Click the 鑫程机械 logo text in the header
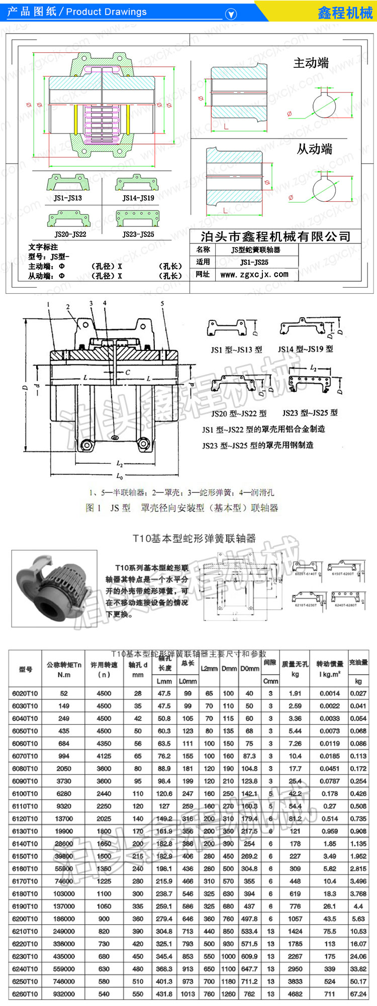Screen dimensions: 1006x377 coord(345,13)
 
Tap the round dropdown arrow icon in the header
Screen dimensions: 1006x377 coord(231,14)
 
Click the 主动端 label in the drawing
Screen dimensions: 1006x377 coord(311,63)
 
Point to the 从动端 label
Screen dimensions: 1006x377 coord(314,149)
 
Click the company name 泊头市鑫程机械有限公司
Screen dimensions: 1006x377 coord(275,236)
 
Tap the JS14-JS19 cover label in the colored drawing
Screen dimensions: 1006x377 coord(138,198)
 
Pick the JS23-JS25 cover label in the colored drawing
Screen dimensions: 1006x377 coord(138,234)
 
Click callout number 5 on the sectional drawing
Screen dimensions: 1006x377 coord(162,304)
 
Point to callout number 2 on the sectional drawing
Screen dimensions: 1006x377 coord(68,307)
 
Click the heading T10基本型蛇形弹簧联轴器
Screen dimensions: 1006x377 coord(194,538)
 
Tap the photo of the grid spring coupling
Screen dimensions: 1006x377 coord(54,588)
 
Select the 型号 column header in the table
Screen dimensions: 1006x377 coord(26,669)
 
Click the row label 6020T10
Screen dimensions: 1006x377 coord(25,693)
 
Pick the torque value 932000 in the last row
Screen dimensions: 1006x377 coord(64,994)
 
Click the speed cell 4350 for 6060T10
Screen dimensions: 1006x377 coord(104,743)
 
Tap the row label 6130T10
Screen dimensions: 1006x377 coord(25,831)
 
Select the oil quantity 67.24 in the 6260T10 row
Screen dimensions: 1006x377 coord(358,994)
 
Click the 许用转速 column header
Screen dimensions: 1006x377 coord(104,669)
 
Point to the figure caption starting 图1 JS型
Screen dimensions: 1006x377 coord(182,508)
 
